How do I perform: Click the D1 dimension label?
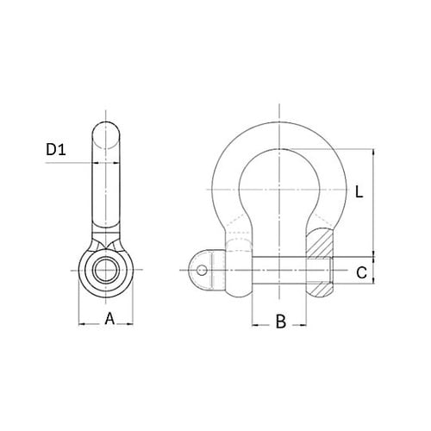click(x=57, y=152)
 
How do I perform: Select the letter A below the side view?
click(x=109, y=318)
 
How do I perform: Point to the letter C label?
click(x=362, y=273)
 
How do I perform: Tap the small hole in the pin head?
click(x=202, y=271)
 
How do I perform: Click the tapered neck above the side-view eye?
click(x=106, y=237)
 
